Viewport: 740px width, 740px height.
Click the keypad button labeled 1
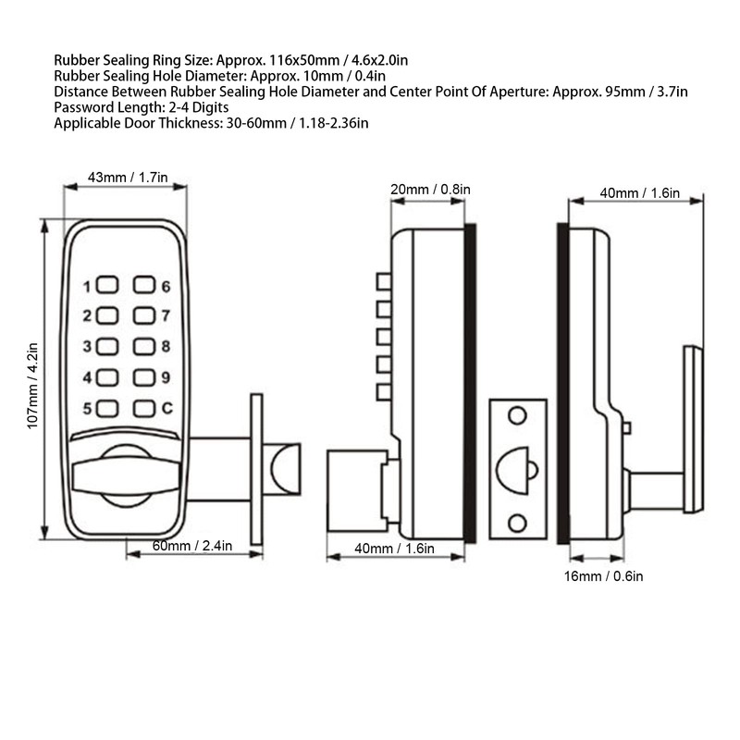[x=107, y=286]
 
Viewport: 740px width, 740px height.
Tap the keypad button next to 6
[x=143, y=286]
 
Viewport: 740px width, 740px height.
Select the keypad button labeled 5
[x=107, y=408]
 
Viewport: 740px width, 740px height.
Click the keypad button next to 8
[x=143, y=347]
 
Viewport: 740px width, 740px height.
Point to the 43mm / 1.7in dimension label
[x=127, y=176]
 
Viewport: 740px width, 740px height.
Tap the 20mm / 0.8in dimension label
[x=430, y=190]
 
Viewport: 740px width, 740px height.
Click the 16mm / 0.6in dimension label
[x=602, y=576]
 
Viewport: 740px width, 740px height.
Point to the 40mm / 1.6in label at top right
[x=639, y=193]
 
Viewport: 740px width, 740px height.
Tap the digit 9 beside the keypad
[x=166, y=377]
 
